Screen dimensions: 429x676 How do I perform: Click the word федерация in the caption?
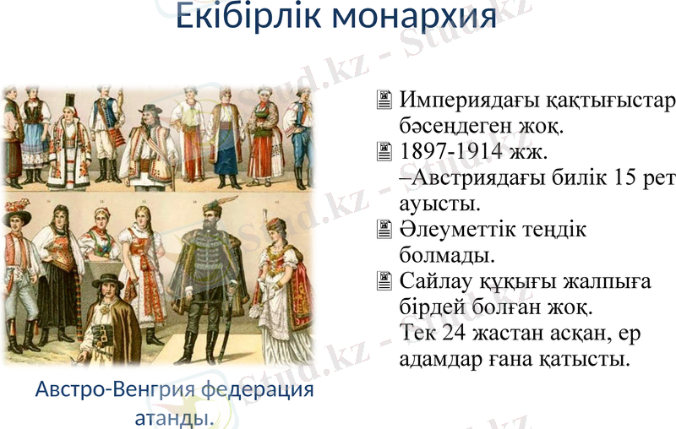pos(258,391)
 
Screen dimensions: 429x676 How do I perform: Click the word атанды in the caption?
pos(169,417)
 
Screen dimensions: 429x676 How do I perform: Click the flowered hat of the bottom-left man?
pos(17,216)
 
